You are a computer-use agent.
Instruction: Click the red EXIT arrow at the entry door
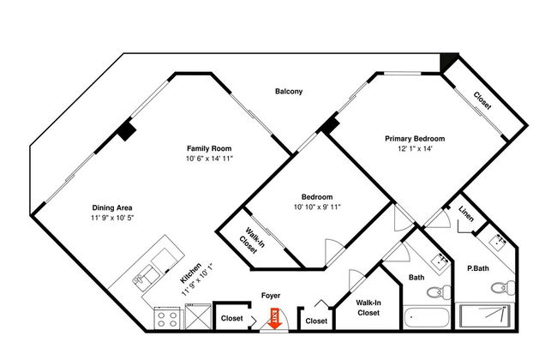[x=275, y=318]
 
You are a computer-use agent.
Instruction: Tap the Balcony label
[x=289, y=92]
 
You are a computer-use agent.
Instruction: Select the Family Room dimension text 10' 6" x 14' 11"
[x=209, y=159]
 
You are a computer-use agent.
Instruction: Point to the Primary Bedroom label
[x=415, y=139]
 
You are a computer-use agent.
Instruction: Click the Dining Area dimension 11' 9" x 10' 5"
[x=112, y=218]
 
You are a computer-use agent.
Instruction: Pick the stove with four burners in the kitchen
[x=167, y=318]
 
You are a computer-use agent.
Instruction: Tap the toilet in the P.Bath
[x=503, y=287]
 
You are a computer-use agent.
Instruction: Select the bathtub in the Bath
[x=427, y=317]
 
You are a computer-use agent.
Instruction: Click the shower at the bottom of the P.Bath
[x=484, y=315]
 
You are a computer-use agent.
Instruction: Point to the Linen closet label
[x=465, y=213]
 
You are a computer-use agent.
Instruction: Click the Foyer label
[x=271, y=296]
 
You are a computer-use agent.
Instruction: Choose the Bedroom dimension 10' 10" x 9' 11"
[x=317, y=207]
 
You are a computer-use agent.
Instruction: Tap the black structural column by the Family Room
[x=127, y=130]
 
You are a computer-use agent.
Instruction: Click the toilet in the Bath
[x=439, y=292]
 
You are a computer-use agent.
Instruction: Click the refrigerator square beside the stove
[x=198, y=316]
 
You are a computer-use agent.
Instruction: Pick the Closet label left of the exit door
[x=232, y=318]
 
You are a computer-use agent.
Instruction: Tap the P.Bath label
[x=478, y=268]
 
